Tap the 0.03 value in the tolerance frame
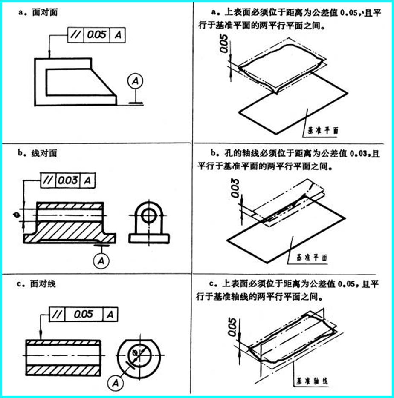click(68, 180)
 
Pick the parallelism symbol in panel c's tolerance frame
click(56, 315)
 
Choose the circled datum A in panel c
click(115, 383)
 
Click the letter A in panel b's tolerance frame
click(87, 180)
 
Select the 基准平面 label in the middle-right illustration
click(311, 258)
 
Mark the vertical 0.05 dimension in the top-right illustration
click(225, 43)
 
